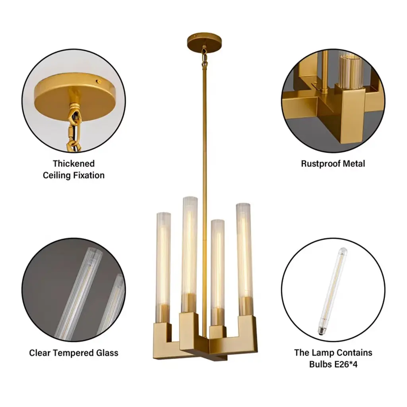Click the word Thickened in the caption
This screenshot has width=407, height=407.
click(74, 163)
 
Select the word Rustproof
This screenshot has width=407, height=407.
click(321, 164)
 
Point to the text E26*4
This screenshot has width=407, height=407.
click(346, 364)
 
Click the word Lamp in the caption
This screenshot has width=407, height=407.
click(321, 353)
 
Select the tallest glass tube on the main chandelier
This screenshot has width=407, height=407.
click(190, 254)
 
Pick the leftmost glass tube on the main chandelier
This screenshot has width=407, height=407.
click(163, 267)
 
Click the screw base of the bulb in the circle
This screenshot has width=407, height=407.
click(322, 331)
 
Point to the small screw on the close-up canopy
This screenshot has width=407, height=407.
click(99, 82)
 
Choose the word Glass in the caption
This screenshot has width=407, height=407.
click(107, 353)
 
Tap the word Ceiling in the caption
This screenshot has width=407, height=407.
click(56, 175)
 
